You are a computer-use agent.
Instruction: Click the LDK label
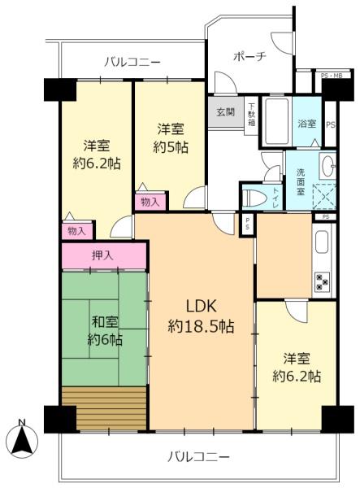[201, 307]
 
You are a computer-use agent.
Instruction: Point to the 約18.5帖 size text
[201, 327]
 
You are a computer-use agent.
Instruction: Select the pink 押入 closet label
[103, 255]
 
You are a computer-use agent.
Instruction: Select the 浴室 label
[307, 125]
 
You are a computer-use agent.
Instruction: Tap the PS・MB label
[332, 76]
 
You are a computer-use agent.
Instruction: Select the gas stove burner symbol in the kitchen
[321, 281]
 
